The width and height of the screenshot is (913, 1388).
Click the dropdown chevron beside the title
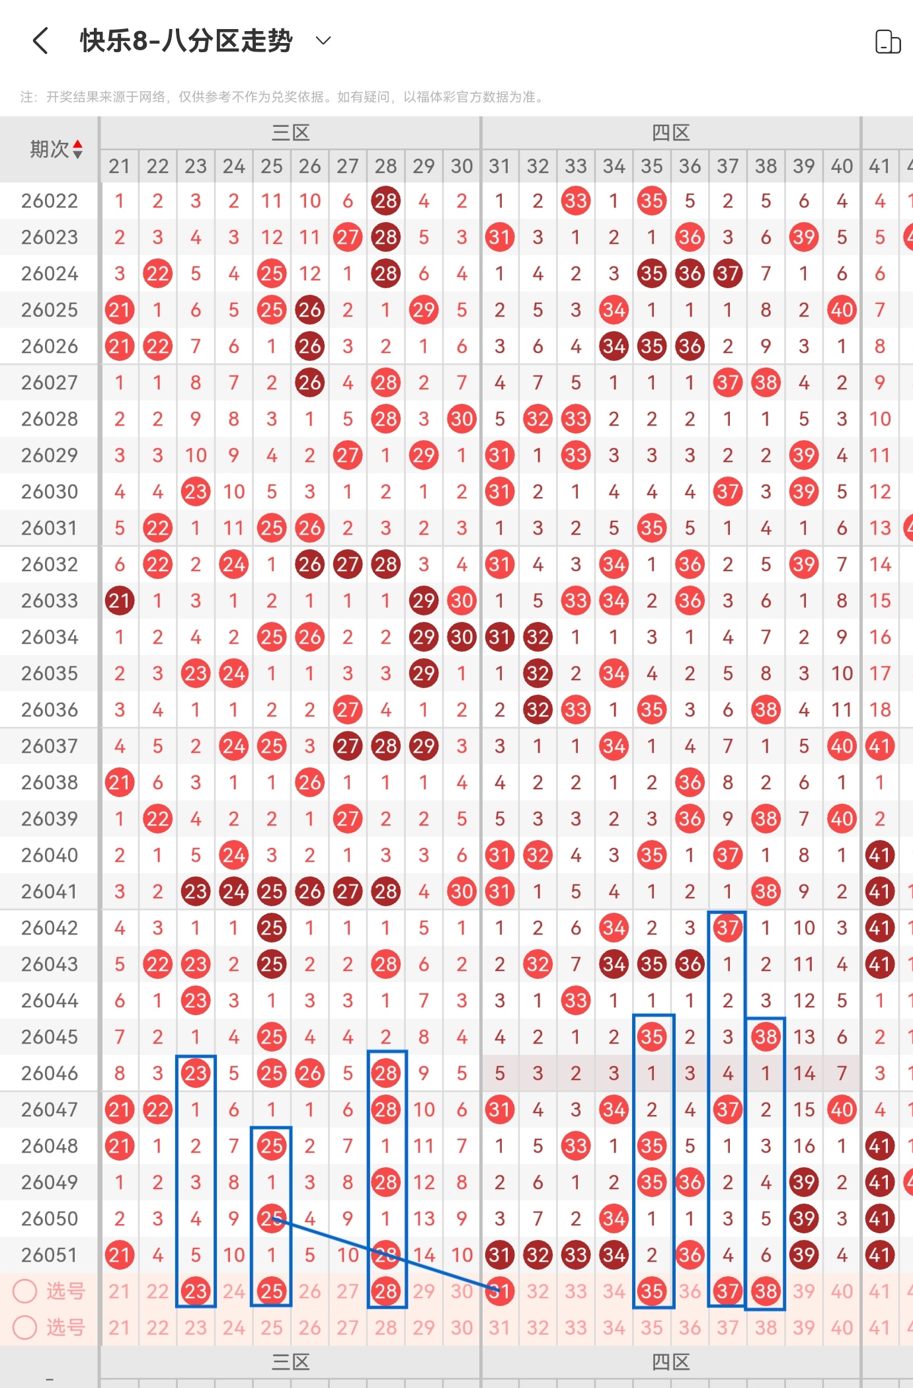323,41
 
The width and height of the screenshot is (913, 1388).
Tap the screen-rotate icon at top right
887,42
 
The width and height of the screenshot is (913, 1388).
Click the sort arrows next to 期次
78,149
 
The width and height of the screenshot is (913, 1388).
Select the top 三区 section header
290,133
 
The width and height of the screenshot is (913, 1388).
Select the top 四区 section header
670,133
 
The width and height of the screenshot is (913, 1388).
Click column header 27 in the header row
348,166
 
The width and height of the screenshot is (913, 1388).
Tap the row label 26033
50,601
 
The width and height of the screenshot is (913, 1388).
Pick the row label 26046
50,1073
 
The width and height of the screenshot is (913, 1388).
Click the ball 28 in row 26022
386,201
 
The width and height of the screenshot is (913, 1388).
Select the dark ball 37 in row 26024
728,274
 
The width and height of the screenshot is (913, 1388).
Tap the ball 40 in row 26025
842,310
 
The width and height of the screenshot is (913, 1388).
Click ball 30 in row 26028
461,419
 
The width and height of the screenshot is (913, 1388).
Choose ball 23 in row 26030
196,492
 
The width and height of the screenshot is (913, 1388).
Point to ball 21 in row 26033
120,601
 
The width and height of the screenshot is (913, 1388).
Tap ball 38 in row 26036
766,710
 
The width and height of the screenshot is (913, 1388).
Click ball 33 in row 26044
576,1001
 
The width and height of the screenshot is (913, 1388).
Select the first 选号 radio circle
25,1291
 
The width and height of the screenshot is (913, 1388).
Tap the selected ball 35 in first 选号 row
652,1291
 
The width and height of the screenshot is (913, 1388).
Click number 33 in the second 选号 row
576,1327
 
